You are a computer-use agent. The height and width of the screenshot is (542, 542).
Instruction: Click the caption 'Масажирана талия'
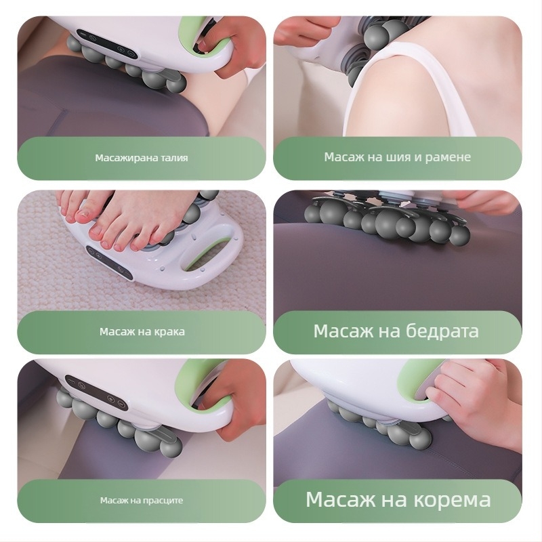(141, 158)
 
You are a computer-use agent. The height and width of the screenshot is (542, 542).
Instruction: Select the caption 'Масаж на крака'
(142, 332)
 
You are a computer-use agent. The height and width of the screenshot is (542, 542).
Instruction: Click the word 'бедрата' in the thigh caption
(442, 331)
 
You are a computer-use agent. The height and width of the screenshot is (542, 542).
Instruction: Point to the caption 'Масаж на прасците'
(141, 501)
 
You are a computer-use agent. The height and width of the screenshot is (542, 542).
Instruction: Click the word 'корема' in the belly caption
(450, 500)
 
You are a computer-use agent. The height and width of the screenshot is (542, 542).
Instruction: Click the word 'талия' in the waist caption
(174, 158)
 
